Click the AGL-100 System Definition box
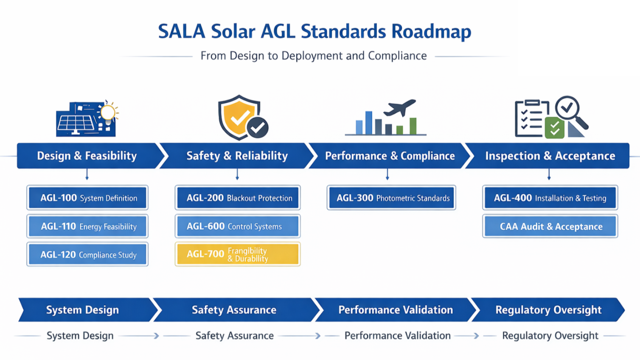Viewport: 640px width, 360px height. pyautogui.click(x=87, y=198)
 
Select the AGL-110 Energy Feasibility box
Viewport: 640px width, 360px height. pyautogui.click(x=87, y=226)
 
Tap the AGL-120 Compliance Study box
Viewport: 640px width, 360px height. pyautogui.click(x=87, y=255)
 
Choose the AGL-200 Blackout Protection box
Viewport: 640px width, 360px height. pyautogui.click(x=238, y=198)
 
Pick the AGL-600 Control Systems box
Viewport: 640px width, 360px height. pyautogui.click(x=238, y=226)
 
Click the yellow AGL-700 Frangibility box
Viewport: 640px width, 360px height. pyautogui.click(x=238, y=254)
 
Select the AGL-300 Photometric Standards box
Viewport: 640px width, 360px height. pyautogui.click(x=391, y=198)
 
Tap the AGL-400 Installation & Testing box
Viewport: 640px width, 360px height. pyautogui.click(x=550, y=198)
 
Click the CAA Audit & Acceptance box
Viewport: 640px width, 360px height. pyautogui.click(x=550, y=226)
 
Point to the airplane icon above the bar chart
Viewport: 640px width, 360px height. pyautogui.click(x=400, y=107)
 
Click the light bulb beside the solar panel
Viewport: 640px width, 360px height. pyautogui.click(x=108, y=113)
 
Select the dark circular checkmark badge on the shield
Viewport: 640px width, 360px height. pyautogui.click(x=258, y=127)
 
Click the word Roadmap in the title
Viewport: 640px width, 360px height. pyautogui.click(x=431, y=32)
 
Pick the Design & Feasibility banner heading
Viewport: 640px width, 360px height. pyautogui.click(x=87, y=156)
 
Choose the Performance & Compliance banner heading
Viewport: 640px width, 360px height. pyautogui.click(x=390, y=156)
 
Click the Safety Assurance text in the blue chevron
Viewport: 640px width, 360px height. pyautogui.click(x=234, y=310)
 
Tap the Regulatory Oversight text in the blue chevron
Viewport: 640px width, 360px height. pyautogui.click(x=548, y=310)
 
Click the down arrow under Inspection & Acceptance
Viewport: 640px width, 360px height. pyautogui.click(x=549, y=175)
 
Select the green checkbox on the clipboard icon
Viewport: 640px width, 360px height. pyautogui.click(x=554, y=128)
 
